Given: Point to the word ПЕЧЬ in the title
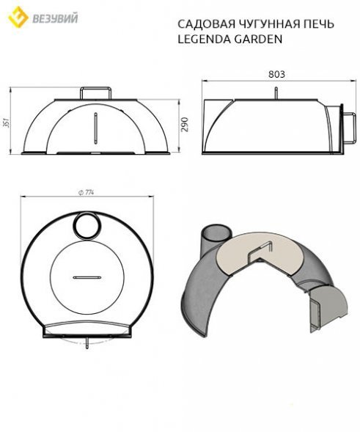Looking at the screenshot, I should [316, 24].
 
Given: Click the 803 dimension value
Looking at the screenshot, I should [276, 75].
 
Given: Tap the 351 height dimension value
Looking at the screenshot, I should [6, 122].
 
